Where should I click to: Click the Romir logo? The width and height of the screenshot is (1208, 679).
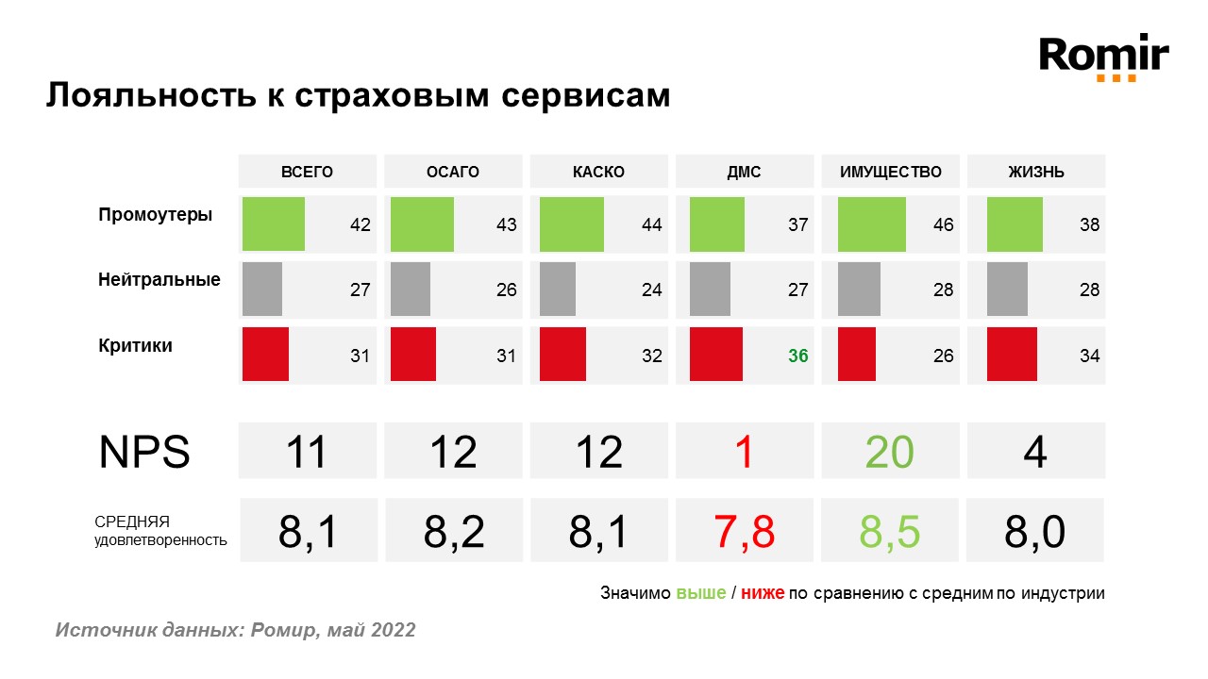(x=1103, y=58)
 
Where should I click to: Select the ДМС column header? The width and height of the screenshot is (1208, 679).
(x=744, y=172)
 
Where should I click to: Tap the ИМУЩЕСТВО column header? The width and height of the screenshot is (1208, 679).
(x=891, y=172)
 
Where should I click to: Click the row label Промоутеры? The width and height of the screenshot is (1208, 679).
(x=155, y=215)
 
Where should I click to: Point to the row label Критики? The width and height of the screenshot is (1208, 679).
(x=135, y=345)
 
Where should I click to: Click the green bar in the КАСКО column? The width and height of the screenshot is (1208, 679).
(x=571, y=224)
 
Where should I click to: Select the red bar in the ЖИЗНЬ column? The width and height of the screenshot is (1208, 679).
(x=1012, y=355)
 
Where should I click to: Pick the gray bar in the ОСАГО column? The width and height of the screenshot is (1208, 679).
(x=411, y=289)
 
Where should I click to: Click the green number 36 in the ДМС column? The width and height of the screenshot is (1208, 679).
(x=797, y=356)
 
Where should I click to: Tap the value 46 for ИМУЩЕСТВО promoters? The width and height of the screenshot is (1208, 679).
(x=943, y=225)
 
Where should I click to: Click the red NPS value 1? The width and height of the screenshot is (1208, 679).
(x=744, y=453)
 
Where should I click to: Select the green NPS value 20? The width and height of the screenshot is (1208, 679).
(x=889, y=453)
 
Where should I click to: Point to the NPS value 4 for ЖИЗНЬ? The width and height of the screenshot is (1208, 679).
(x=1035, y=453)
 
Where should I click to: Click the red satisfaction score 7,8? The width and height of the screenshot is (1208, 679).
(x=744, y=532)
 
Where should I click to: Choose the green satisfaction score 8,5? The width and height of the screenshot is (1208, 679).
(x=889, y=532)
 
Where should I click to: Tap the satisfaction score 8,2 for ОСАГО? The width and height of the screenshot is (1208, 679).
(x=453, y=532)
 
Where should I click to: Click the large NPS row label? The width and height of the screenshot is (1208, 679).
(x=144, y=453)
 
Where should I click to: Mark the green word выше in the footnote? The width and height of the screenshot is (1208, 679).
(x=700, y=593)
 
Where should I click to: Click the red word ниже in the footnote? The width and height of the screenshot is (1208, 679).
(x=763, y=593)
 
